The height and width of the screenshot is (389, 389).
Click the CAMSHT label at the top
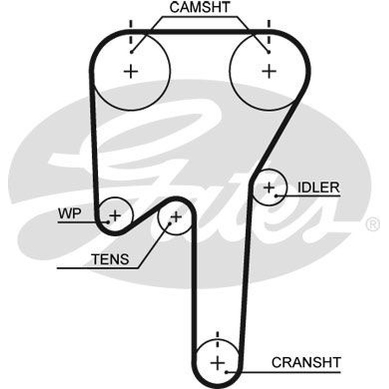200,7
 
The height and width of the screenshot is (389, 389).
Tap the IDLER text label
318,187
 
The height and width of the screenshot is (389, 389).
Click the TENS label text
110,259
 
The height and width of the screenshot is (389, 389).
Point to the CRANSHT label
306,362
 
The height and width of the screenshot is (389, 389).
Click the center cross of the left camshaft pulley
131,71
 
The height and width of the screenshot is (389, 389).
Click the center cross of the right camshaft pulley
269,71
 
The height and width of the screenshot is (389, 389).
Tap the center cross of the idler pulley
269,188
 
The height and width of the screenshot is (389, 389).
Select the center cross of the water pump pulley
115,215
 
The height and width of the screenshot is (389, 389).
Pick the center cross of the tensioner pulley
176,217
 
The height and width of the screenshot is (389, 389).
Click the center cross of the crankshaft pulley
217,363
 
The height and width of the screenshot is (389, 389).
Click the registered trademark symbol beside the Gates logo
373,224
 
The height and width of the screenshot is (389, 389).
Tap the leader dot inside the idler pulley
276,196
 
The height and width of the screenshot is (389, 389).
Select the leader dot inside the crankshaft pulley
226,372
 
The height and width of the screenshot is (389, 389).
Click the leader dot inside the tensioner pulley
170,224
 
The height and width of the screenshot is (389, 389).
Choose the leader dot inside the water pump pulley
108,222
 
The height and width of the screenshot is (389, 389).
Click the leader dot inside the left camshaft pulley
132,52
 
